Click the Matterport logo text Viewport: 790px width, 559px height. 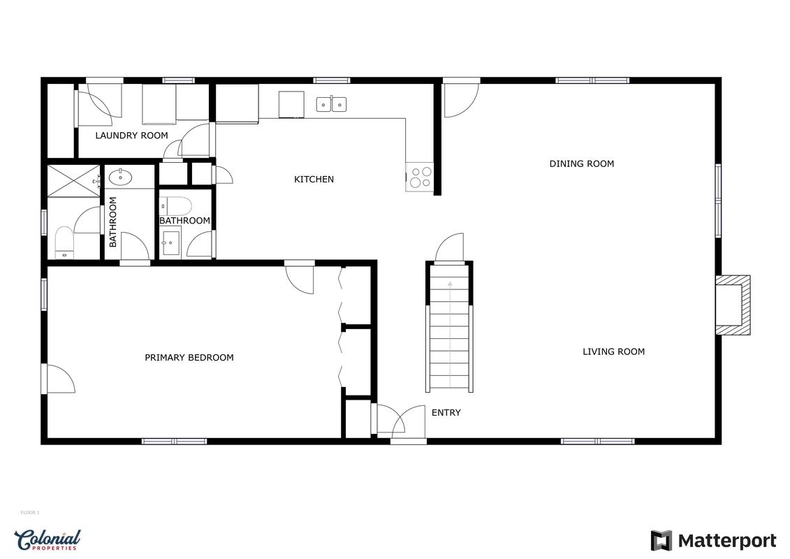coord(726,541)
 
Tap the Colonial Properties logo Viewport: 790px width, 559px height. coord(47,539)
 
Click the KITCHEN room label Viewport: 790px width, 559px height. coord(314,180)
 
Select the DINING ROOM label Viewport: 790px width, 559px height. coord(581,164)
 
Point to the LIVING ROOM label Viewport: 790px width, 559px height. coord(613,351)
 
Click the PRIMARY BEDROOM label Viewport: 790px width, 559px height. coord(189,358)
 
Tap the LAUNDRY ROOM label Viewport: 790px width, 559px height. coord(131,136)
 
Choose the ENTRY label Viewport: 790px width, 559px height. coord(446,413)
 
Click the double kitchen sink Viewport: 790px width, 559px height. coord(331,105)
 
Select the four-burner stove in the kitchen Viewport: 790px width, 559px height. coord(420,177)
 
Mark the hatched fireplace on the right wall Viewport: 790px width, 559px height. coord(733,304)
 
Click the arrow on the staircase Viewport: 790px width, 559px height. coord(449,284)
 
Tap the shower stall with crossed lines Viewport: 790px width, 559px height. coord(73,180)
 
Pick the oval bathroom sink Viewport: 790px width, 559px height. coord(121,177)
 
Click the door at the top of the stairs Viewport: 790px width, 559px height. coord(449,248)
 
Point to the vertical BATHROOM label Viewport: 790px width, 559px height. coord(113,222)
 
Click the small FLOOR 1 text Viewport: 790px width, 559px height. coord(30,513)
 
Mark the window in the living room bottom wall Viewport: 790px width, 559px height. coord(597,441)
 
